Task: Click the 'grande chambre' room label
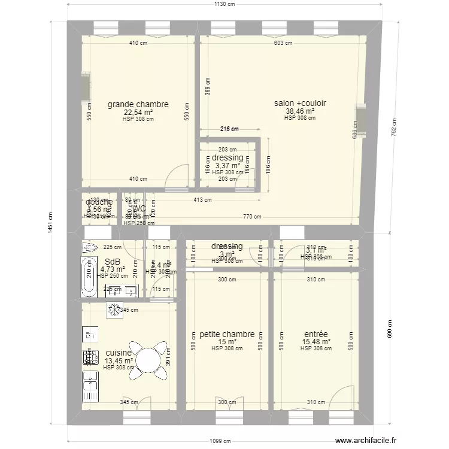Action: (x=138, y=104)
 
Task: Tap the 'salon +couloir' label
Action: (x=299, y=103)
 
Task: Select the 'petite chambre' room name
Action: (x=227, y=334)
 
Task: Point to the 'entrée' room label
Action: (x=315, y=334)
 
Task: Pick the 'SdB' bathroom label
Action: (x=113, y=262)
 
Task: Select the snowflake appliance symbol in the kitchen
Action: (x=114, y=310)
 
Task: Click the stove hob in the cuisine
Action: (x=90, y=357)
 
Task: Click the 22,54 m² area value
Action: (x=138, y=112)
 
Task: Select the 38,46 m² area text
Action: (x=299, y=111)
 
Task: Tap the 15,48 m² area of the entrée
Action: (x=315, y=342)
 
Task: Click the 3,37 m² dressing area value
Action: (x=227, y=166)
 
